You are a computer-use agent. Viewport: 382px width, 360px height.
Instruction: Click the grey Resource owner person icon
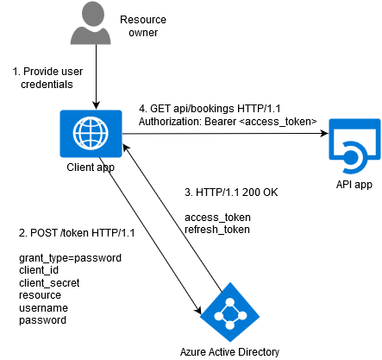tap(91, 23)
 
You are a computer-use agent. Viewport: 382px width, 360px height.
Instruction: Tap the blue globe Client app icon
tap(91, 134)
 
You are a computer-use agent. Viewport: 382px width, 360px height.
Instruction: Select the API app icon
tap(354, 146)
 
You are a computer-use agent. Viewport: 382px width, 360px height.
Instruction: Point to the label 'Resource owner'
tap(143, 26)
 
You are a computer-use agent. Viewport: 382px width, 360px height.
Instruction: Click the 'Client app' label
tap(91, 167)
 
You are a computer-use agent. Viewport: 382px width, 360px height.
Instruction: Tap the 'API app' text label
tap(354, 184)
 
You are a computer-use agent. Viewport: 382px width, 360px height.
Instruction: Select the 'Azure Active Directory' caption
tap(229, 352)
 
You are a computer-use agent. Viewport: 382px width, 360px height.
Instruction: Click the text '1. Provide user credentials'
tap(47, 78)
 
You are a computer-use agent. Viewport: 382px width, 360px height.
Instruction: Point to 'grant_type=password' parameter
tap(70, 258)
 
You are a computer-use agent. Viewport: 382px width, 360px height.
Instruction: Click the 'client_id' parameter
tap(39, 270)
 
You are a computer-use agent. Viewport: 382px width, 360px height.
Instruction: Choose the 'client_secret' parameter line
tap(49, 283)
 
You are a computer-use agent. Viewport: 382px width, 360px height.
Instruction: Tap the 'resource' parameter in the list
tap(40, 295)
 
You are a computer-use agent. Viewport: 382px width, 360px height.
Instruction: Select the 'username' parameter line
tap(43, 308)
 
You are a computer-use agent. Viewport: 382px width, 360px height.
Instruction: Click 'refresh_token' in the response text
tap(217, 230)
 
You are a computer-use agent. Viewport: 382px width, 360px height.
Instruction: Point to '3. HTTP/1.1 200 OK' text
tap(231, 192)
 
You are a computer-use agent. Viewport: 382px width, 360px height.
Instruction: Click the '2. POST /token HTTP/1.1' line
tap(77, 233)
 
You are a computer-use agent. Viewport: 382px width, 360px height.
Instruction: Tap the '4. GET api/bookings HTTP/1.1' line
tap(210, 109)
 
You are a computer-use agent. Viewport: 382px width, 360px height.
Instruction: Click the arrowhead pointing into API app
tap(325, 133)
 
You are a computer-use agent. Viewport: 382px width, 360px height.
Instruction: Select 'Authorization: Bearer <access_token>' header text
tap(228, 122)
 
